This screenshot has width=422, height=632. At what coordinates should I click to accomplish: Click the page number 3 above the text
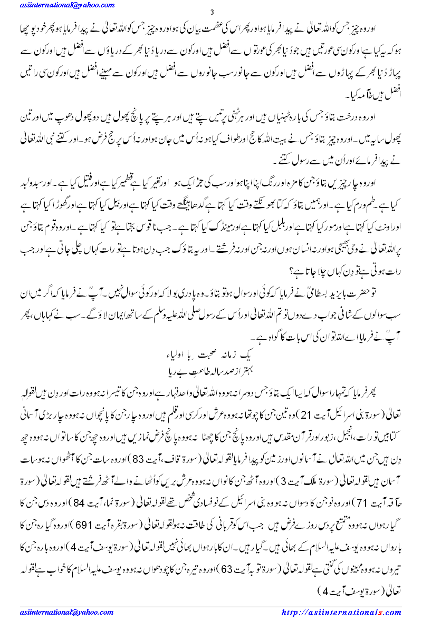pos(212,12)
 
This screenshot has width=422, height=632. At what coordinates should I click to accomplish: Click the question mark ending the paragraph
pos(290,272)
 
